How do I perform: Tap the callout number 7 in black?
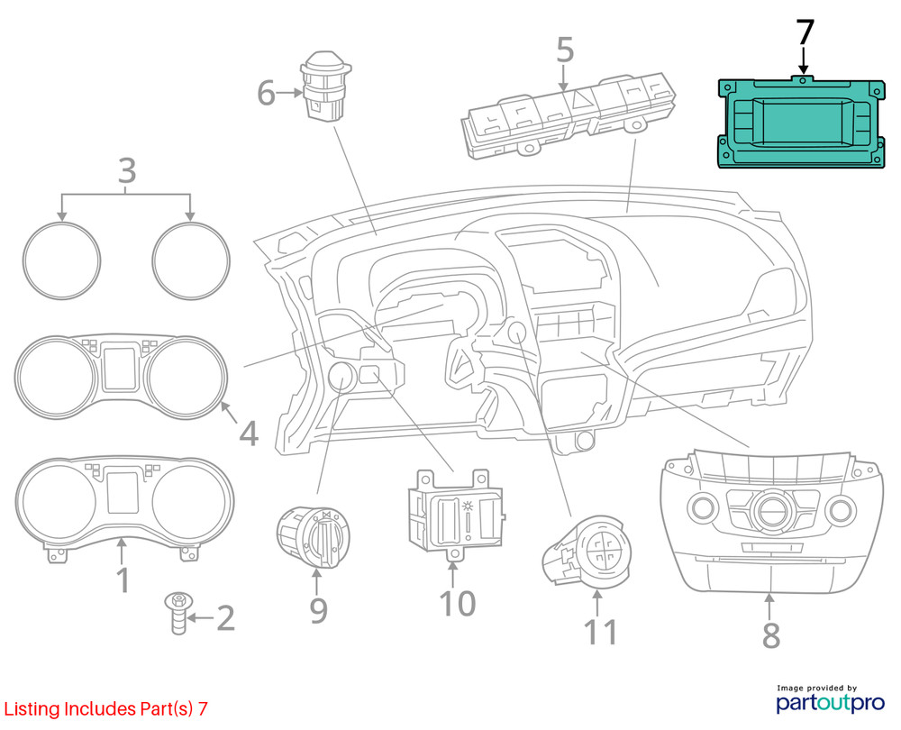pyautogui.click(x=805, y=33)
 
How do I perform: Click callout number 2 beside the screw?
pyautogui.click(x=224, y=618)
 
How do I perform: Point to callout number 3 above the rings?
pyautogui.click(x=126, y=169)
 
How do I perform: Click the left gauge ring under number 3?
pyautogui.click(x=61, y=260)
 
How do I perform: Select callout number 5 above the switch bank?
pyautogui.click(x=564, y=50)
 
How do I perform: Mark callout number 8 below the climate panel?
pyautogui.click(x=770, y=634)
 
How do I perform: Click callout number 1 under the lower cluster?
pyautogui.click(x=123, y=579)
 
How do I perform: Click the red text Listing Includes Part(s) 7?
pyautogui.click(x=105, y=708)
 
